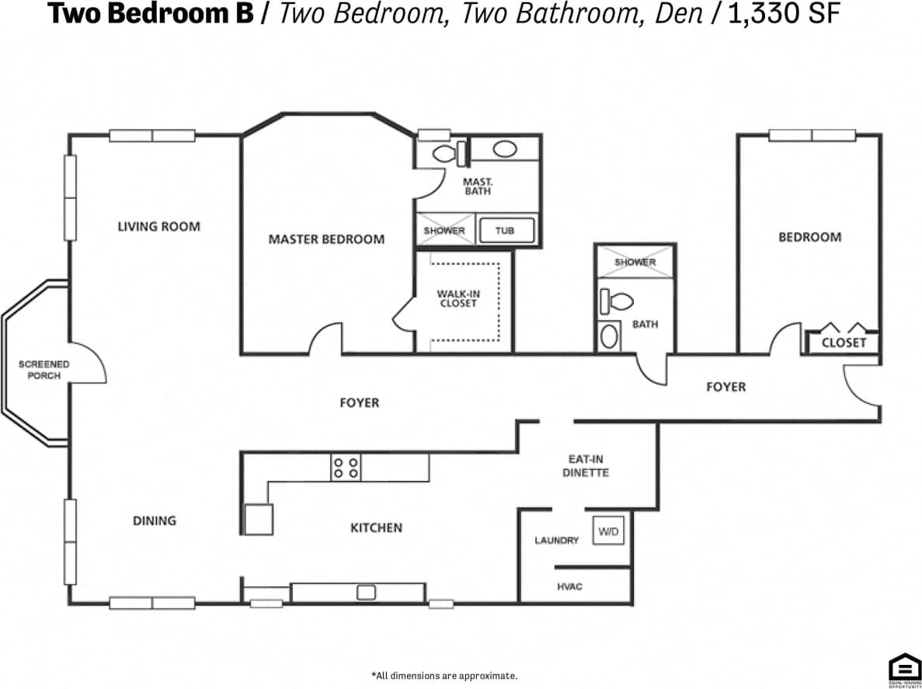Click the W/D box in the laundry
[x=608, y=532]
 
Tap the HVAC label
[x=569, y=586]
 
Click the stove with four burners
[x=346, y=467]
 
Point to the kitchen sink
[x=366, y=593]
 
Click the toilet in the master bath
[x=448, y=153]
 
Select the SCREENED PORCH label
[x=43, y=370]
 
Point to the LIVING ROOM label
[x=158, y=227]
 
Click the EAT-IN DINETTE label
[x=585, y=466]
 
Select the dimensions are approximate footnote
[x=444, y=676]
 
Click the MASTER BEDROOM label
[x=326, y=239]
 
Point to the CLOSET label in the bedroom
[x=844, y=343]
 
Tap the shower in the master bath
[x=444, y=231]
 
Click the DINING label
[x=154, y=520]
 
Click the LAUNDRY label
[x=556, y=540]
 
